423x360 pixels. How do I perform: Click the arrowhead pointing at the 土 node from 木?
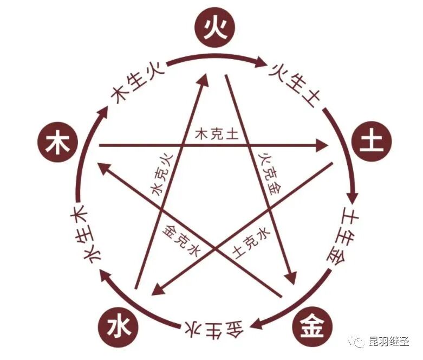coord(323,145)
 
